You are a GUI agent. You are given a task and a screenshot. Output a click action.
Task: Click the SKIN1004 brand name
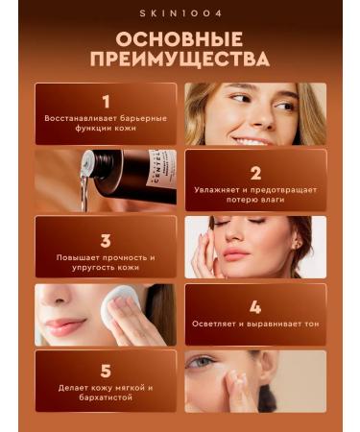coord(180,13)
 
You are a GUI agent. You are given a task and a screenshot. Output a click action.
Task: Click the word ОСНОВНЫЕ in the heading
coord(180,40)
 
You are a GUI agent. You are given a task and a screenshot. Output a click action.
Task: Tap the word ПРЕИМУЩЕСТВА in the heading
coord(180,60)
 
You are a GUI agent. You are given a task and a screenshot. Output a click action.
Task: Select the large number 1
coord(106,100)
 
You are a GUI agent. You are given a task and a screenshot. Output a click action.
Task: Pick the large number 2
coord(255,173)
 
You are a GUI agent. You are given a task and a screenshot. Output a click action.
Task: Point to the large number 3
coord(106,240)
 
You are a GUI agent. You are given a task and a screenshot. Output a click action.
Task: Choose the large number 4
coord(255,307)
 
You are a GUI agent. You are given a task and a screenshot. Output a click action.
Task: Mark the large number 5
coord(106,371)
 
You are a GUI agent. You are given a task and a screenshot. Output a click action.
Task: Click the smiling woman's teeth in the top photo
coord(251,140)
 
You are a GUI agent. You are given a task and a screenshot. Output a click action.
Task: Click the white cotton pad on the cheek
coord(123,309)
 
